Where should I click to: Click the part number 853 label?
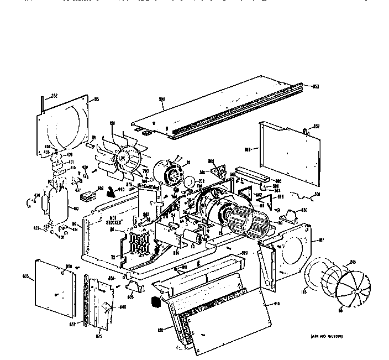coord(316,86)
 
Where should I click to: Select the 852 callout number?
coord(317,127)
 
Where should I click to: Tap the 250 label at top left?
coord(54,96)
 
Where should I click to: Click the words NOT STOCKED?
coord(114,221)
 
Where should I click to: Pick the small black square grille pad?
coord(156,303)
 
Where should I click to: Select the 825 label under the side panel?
coord(99,336)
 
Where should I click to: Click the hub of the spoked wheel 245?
coord(351,286)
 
